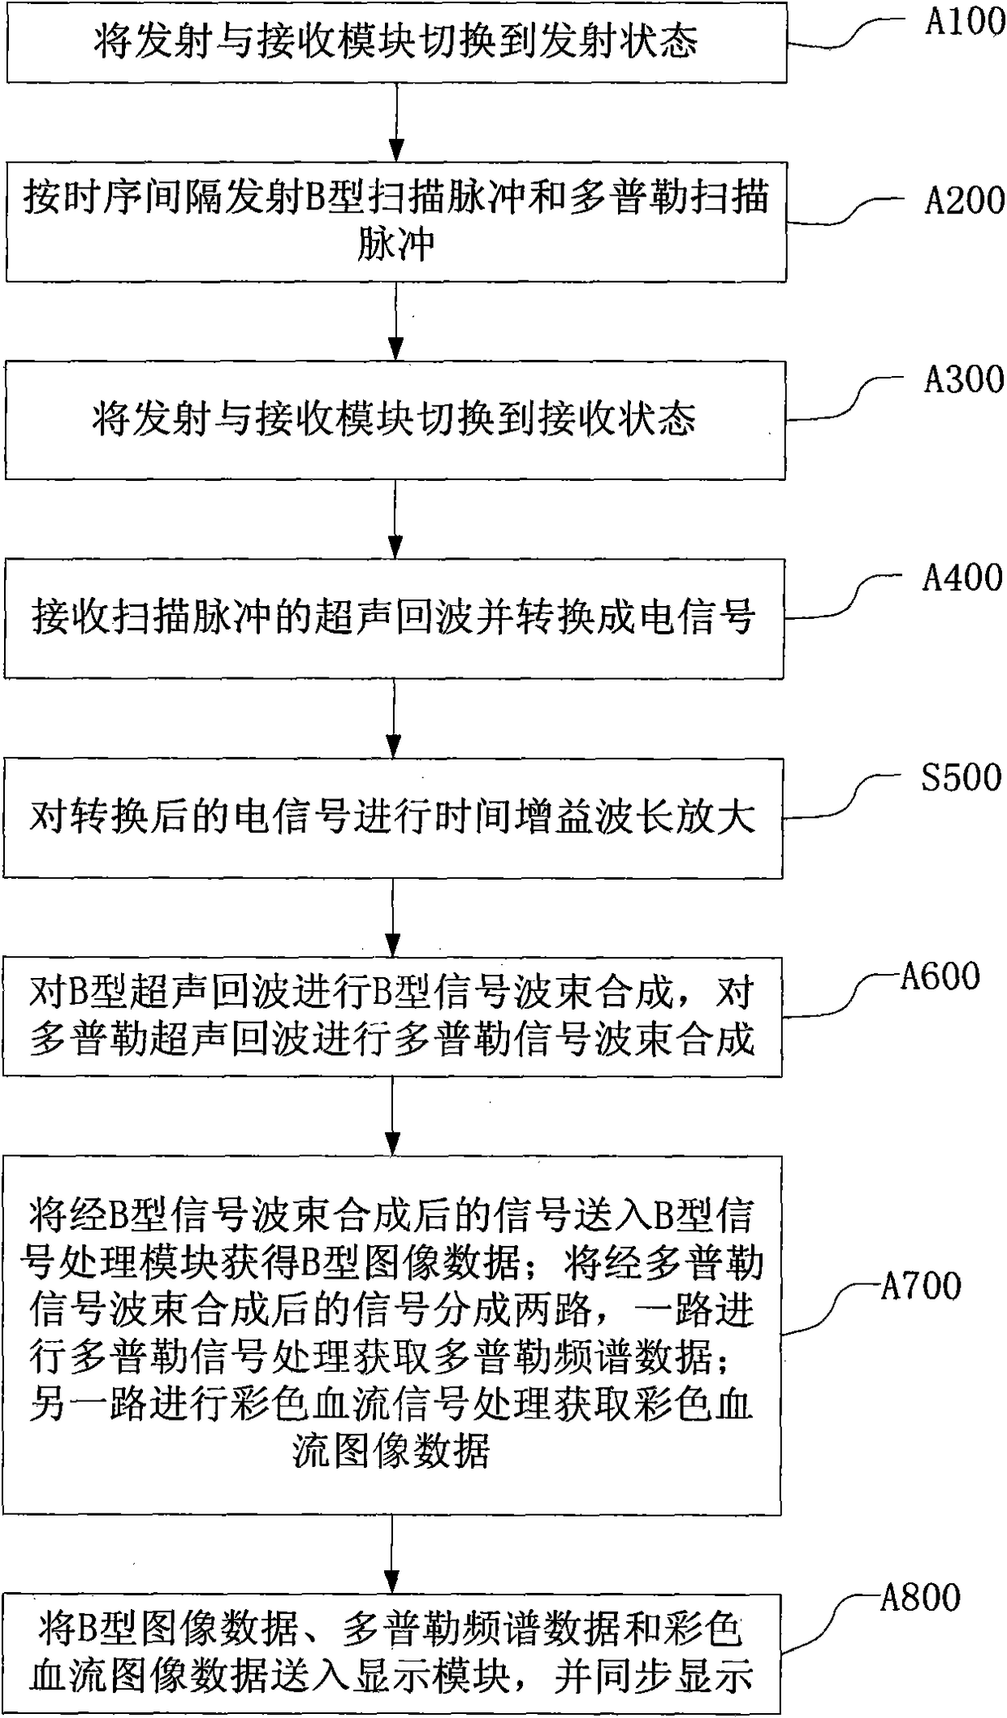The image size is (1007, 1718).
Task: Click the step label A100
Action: [965, 22]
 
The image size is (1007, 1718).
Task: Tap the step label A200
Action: [964, 200]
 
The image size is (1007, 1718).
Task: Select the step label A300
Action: [964, 379]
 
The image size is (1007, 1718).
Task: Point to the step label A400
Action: [962, 578]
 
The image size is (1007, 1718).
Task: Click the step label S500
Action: [961, 777]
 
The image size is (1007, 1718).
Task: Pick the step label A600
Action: [940, 976]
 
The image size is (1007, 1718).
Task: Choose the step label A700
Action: [921, 1286]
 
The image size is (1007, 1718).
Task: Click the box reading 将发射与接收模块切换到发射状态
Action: [396, 43]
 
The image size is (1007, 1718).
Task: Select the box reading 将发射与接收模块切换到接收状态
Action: [395, 420]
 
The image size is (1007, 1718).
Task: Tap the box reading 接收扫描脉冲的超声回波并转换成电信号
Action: [394, 618]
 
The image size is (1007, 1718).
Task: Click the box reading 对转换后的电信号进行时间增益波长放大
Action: [393, 817]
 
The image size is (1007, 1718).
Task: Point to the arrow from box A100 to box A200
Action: [396, 122]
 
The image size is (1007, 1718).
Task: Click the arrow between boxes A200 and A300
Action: [395, 321]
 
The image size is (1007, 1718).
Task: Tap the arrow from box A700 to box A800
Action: [392, 1554]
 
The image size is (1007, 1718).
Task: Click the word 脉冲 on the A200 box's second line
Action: [395, 244]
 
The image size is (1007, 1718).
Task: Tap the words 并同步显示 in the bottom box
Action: [653, 1676]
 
